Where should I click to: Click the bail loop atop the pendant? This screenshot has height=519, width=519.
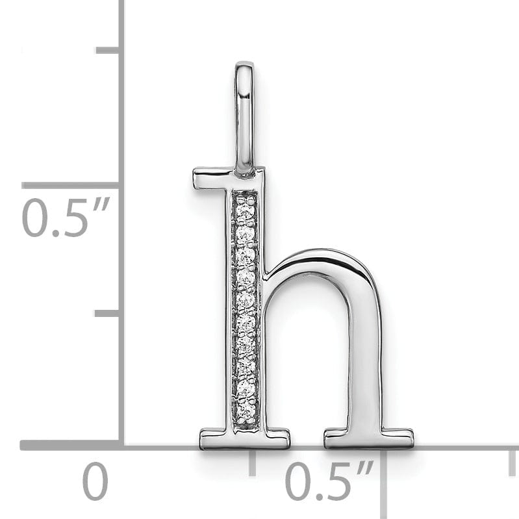pos(244,117)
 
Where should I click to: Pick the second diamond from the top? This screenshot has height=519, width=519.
pos(245,232)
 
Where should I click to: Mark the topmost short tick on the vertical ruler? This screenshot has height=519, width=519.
pos(107,50)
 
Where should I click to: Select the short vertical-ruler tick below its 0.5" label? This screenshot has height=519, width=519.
pos(107,313)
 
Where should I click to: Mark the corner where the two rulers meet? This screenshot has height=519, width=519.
pos(121,445)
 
